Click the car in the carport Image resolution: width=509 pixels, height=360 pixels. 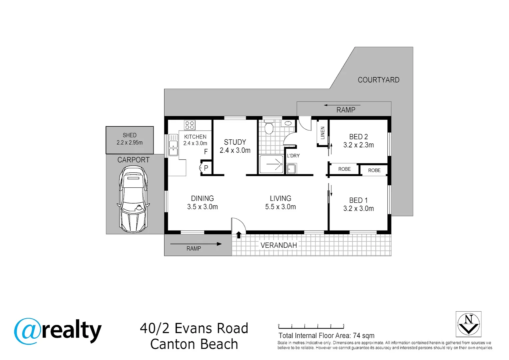[x=133, y=199]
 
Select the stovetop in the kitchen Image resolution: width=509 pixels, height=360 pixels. [x=190, y=125]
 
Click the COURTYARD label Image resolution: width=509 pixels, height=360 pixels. [x=378, y=80]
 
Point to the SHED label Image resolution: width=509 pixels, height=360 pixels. [x=130, y=135]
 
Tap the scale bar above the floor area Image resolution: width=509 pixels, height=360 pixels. [x=311, y=327]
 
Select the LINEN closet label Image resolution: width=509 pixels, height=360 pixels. [x=322, y=133]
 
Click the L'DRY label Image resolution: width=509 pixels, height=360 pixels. [x=293, y=156]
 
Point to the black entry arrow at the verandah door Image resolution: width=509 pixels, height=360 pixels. [x=239, y=235]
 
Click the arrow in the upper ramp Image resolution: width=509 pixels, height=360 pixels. [x=342, y=105]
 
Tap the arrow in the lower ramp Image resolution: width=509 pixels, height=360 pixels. [x=196, y=244]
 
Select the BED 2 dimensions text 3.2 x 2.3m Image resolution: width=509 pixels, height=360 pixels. [x=358, y=145]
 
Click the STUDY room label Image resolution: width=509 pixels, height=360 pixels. [x=235, y=142]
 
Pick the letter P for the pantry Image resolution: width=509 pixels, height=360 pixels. [x=206, y=168]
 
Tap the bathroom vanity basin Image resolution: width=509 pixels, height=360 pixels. [x=288, y=123]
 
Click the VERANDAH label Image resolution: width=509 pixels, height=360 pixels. [x=278, y=245]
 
